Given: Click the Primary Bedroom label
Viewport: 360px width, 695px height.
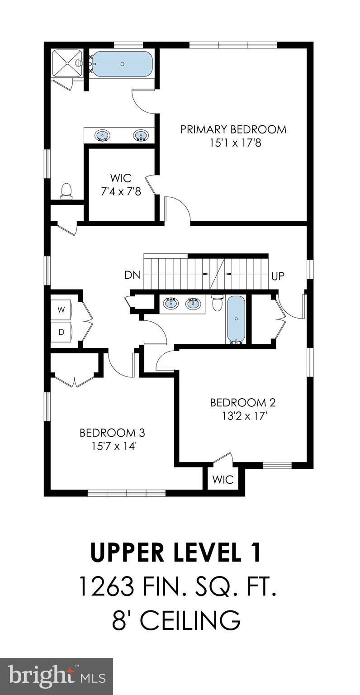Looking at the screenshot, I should point(233,129).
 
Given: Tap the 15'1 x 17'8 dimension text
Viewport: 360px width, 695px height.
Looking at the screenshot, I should point(233,143).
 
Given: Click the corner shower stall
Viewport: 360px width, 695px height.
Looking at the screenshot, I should point(66,63).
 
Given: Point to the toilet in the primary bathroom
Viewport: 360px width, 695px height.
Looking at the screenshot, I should point(66,190).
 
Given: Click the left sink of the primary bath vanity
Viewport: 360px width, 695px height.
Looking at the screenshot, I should point(103,135).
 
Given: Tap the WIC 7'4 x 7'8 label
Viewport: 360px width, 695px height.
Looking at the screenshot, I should point(121,184).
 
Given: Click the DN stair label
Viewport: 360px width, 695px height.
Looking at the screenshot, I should point(133,275).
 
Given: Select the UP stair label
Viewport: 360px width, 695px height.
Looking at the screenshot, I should point(278,276).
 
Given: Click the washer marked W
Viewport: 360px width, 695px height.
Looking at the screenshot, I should point(61,310).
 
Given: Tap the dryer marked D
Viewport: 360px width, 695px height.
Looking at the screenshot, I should point(61,332).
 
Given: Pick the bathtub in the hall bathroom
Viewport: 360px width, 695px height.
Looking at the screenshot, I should point(236,319).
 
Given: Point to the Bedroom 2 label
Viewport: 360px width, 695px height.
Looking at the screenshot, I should point(242,402).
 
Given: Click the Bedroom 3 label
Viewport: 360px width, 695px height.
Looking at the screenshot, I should point(112,433).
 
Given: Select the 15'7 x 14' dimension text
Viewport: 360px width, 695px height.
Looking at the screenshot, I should point(112,446).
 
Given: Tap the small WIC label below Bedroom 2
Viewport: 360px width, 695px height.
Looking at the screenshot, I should point(223,479).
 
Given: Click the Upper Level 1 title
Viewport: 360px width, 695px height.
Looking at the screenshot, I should point(176,553).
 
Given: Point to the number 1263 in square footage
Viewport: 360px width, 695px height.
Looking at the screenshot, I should point(106,587).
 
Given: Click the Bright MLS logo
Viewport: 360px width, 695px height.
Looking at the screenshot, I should point(57,676).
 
